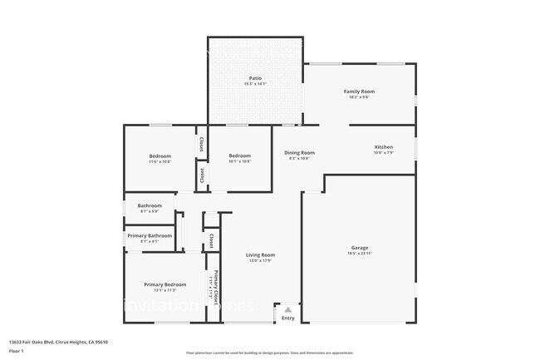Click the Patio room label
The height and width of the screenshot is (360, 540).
[254, 78]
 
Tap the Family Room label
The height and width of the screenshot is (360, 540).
[359, 91]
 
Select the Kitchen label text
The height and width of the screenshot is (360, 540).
[383, 147]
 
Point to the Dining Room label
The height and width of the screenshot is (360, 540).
[299, 152]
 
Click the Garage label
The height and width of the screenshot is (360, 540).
[359, 248]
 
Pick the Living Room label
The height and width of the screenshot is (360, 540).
[260, 254]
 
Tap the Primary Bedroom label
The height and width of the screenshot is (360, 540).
[164, 284]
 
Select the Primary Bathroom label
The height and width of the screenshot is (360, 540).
[150, 235]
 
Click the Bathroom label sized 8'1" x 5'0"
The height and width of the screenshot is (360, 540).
[150, 205]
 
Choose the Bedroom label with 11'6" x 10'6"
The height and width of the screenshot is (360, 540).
[160, 156]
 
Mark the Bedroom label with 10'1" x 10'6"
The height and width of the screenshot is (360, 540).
[240, 156]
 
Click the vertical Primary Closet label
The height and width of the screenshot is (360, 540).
[215, 288]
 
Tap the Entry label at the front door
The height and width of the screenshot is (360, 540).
[287, 318]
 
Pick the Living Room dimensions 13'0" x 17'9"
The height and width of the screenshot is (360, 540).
[260, 260]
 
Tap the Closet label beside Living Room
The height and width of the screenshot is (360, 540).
[211, 241]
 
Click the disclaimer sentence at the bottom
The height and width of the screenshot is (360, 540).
[270, 353]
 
